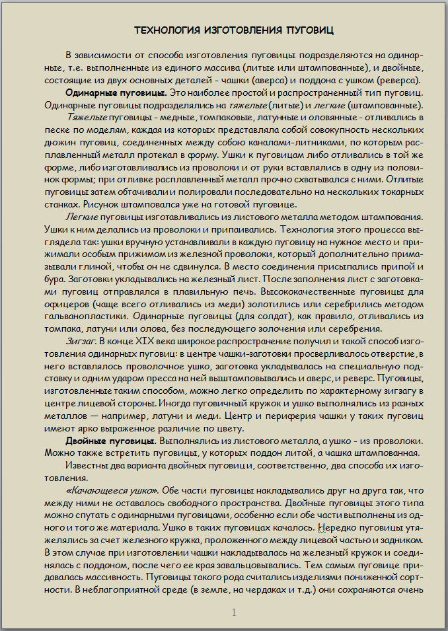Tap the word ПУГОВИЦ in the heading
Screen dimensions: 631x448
coord(310,30)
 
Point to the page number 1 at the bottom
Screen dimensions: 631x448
coord(234,613)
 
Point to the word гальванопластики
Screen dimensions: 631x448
coord(83,316)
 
